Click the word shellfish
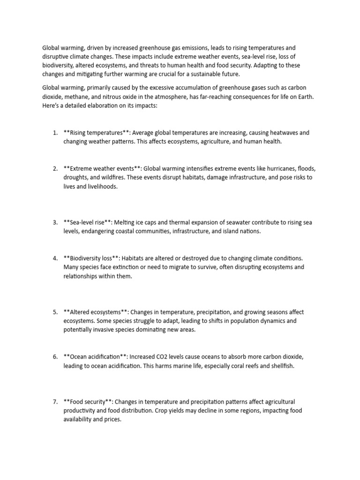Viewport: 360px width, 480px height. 280,366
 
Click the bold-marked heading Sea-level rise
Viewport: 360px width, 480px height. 89,222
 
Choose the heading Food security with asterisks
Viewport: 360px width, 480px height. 89,401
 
